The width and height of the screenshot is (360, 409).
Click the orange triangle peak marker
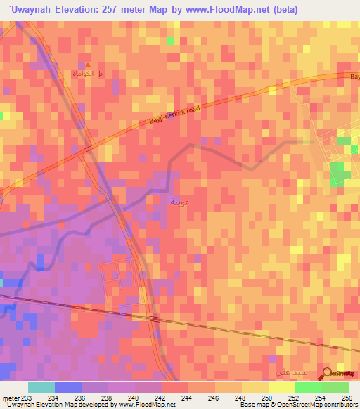(x=88, y=64)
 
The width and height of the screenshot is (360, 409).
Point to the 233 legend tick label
(x=27, y=398)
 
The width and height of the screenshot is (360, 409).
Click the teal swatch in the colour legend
(x=41, y=387)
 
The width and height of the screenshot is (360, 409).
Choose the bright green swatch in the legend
(x=308, y=387)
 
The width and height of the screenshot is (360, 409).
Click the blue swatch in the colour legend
(x=67, y=387)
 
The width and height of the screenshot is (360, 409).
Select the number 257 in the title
(x=117, y=9)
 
